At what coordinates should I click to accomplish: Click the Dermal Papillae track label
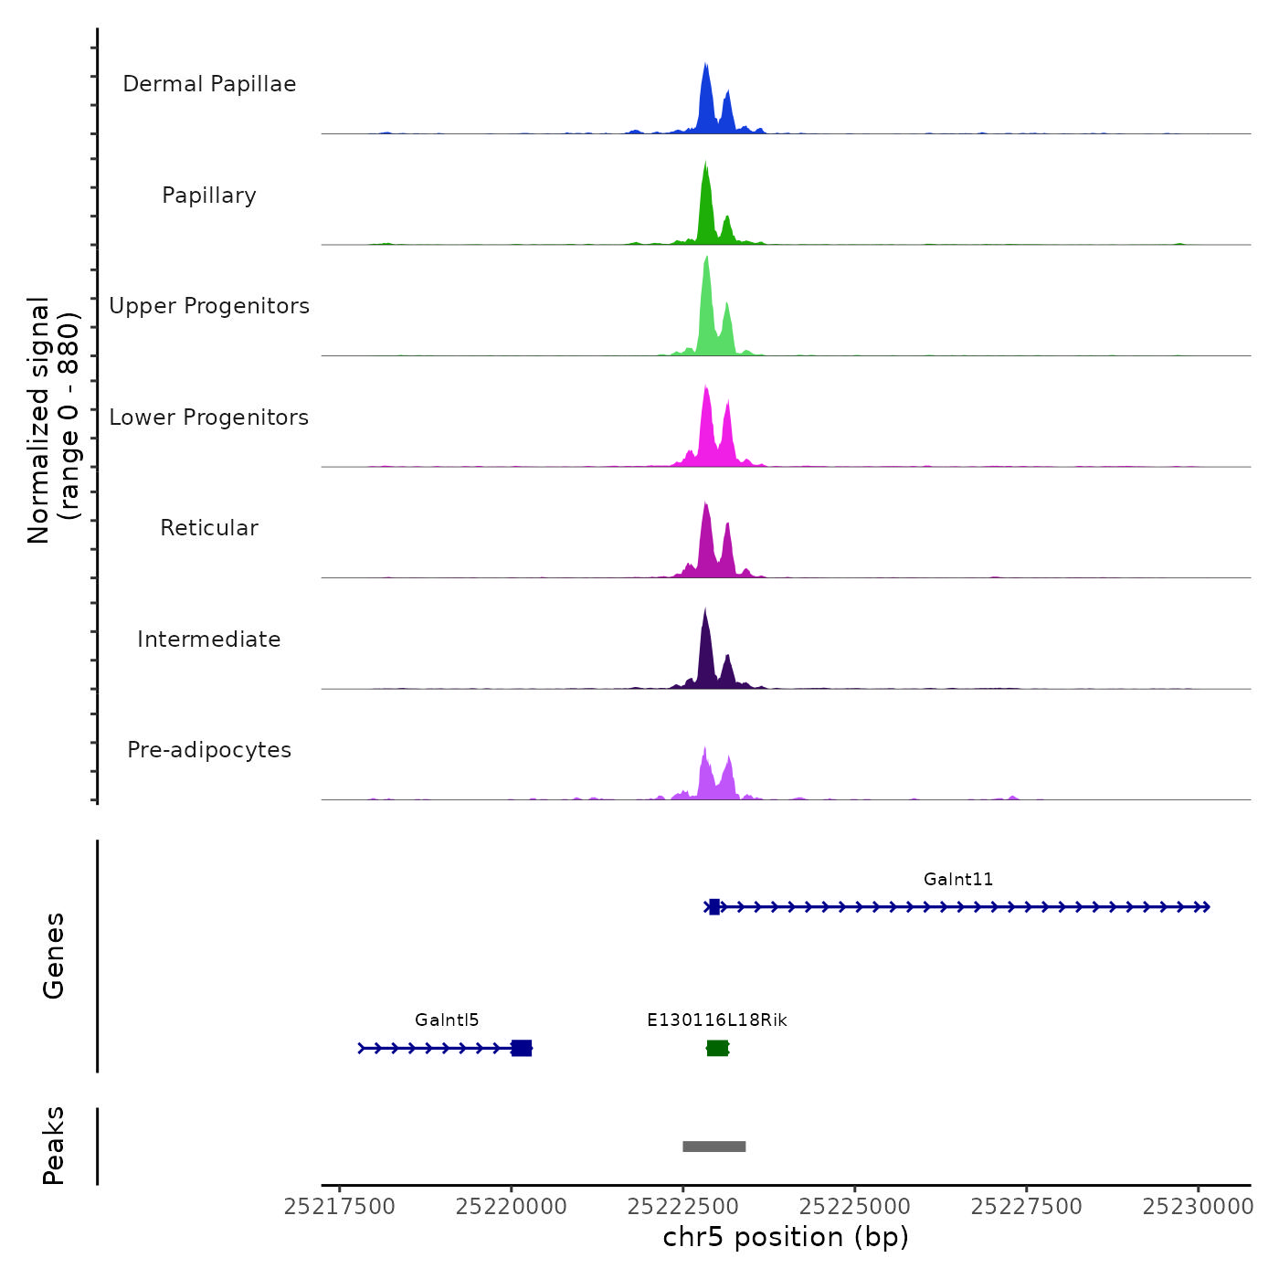[x=209, y=84]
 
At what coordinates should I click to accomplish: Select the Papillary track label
[x=209, y=196]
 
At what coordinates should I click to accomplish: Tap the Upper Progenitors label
[x=209, y=306]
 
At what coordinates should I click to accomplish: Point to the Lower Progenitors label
[x=209, y=418]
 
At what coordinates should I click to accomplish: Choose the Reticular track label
[x=209, y=528]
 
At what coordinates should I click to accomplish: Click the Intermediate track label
[x=209, y=639]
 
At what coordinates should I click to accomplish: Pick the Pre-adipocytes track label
[x=209, y=750]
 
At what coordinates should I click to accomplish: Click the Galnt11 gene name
[x=958, y=880]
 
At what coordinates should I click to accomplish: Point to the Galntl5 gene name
[x=447, y=1020]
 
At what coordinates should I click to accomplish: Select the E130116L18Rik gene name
[x=717, y=1020]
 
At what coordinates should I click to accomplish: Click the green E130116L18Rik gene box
[x=718, y=1048]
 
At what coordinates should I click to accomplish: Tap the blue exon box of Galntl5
[x=522, y=1048]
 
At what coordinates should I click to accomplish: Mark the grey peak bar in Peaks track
[x=714, y=1147]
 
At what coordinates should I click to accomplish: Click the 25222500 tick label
[x=682, y=1207]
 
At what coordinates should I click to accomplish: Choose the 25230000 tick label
[x=1198, y=1207]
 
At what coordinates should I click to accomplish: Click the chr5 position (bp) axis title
[x=786, y=1238]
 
